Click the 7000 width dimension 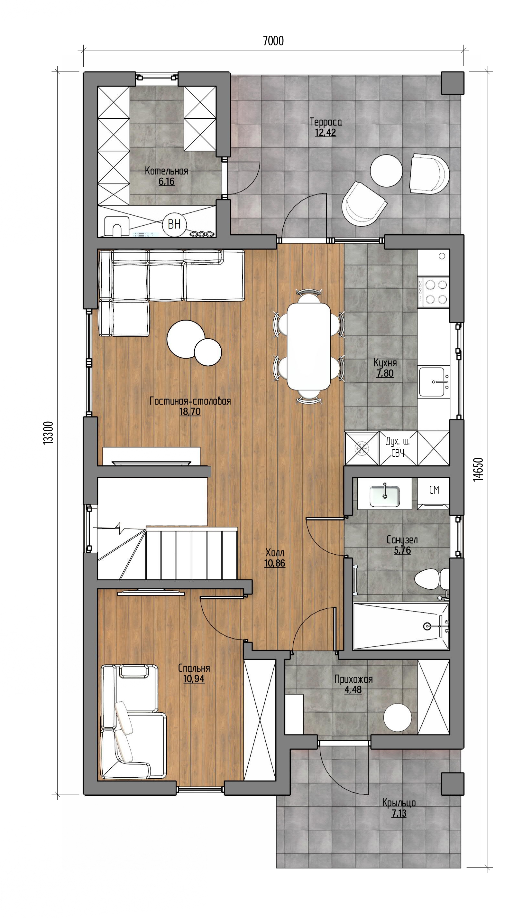[273, 41]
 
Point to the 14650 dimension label [478, 470]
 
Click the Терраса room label [326, 122]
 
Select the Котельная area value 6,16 [166, 182]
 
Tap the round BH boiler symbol [174, 224]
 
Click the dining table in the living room [309, 346]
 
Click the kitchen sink [433, 381]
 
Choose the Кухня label [385, 362]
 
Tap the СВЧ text [398, 453]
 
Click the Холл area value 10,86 [275, 563]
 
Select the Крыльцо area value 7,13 [399, 813]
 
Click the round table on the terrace [386, 171]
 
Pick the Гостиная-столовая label [190, 401]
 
